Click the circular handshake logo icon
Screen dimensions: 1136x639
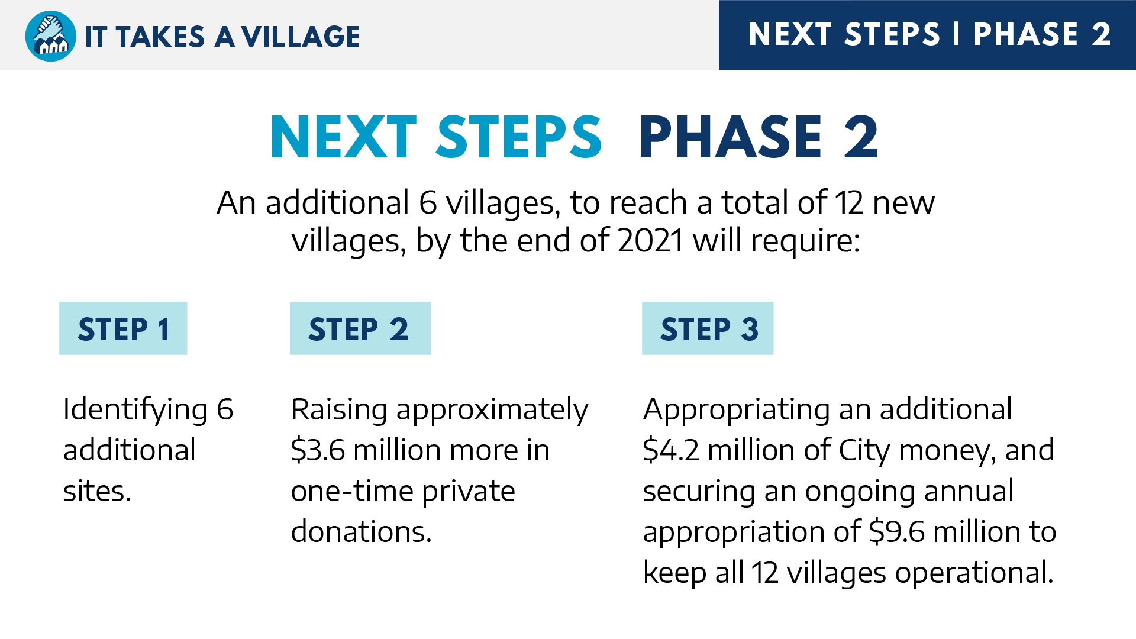51,36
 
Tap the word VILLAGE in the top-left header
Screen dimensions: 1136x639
301,37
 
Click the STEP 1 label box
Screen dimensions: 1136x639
123,328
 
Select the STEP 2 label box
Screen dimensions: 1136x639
360,328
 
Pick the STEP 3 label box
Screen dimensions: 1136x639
708,328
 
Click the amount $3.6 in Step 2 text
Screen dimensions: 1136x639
318,450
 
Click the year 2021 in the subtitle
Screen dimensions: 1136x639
650,241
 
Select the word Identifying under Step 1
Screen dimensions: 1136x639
135,411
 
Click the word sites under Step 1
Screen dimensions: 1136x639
97,491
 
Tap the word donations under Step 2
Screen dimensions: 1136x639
362,531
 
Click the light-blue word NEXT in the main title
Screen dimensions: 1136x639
343,137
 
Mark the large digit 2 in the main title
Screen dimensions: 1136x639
861,137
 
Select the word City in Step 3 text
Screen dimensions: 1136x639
864,451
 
